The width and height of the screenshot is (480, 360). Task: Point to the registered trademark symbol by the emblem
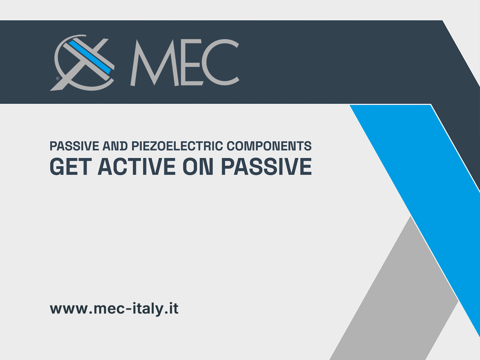pos(58,79)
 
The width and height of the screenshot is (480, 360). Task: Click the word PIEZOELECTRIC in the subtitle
pos(177,146)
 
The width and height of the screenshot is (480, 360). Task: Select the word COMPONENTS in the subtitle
pos(269,146)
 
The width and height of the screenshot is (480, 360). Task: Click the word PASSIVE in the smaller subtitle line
pos(74,146)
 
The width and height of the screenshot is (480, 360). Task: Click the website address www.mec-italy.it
pos(114,309)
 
